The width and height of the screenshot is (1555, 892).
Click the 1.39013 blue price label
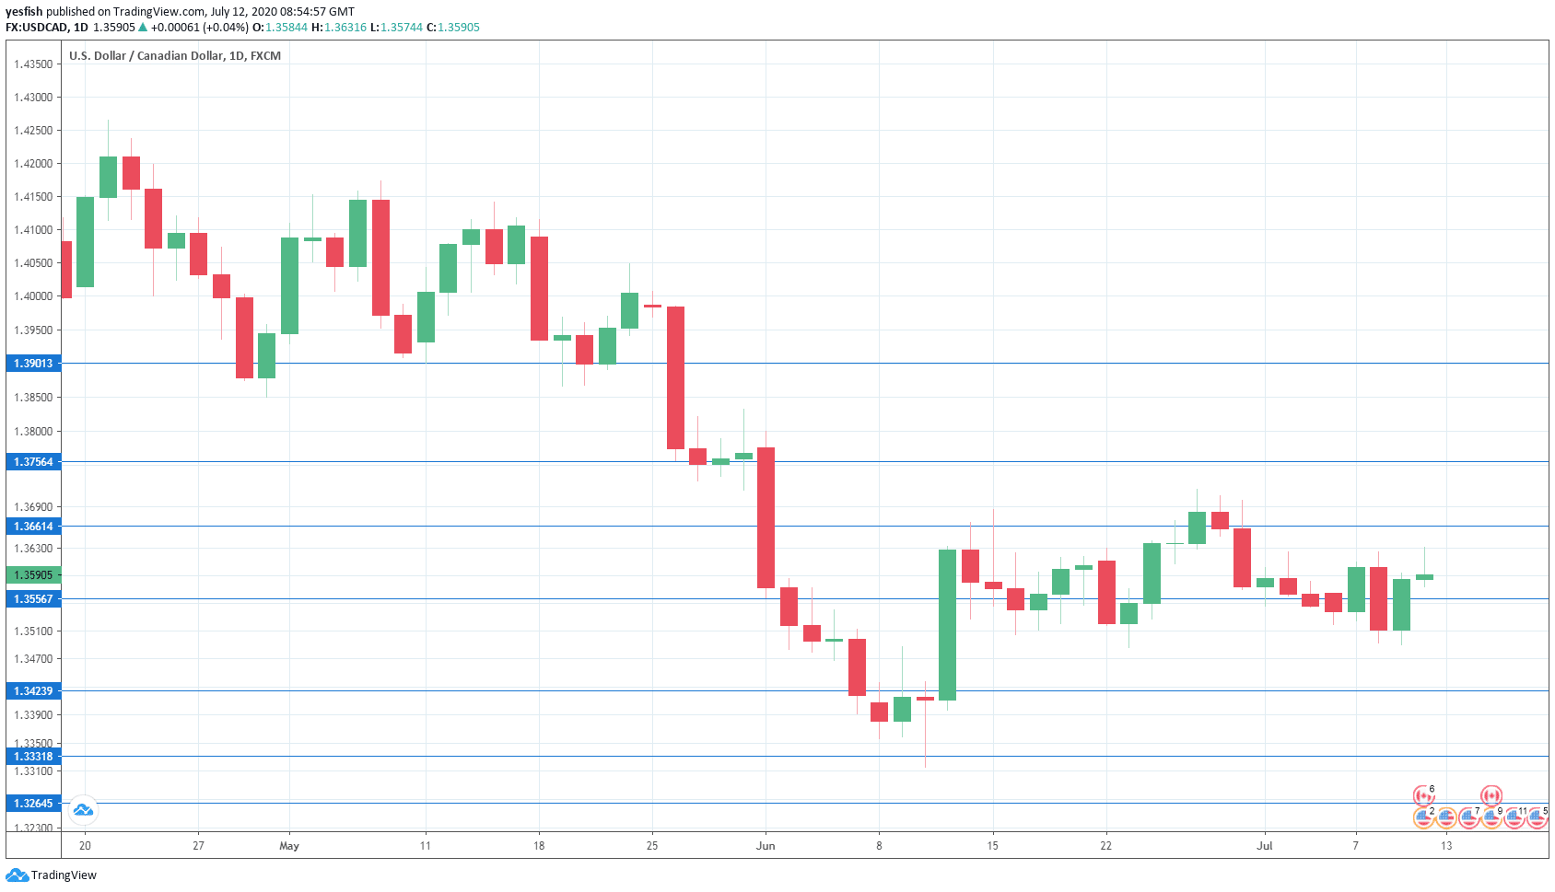point(33,364)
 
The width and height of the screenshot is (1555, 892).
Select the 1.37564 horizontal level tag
point(33,462)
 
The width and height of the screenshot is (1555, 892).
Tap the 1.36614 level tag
point(33,527)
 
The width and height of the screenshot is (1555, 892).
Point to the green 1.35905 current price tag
point(33,575)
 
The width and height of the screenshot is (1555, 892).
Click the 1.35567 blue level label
point(33,599)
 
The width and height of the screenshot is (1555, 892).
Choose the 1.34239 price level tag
point(33,690)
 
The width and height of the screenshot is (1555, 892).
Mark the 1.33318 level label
point(33,757)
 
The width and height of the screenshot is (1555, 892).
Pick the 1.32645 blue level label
point(33,804)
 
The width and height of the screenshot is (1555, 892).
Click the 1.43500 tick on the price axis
point(33,64)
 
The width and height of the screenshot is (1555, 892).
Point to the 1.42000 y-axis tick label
point(33,164)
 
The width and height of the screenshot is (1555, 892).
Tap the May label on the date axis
point(289,846)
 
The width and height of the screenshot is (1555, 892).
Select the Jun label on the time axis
point(766,846)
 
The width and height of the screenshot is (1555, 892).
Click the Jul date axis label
point(1265,846)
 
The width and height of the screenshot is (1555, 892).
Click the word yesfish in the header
point(24,12)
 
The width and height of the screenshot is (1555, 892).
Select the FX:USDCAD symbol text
point(37,28)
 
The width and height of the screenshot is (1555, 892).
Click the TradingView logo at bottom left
point(52,875)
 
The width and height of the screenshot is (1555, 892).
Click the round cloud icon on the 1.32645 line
point(83,809)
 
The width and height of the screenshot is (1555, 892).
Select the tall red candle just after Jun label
point(766,517)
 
